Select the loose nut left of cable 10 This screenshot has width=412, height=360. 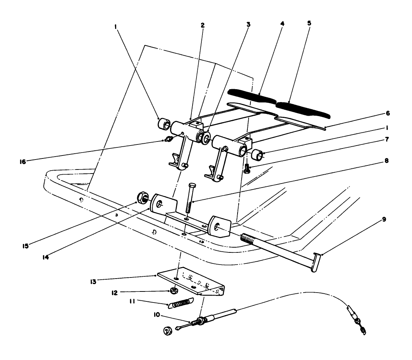click(x=168, y=331)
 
